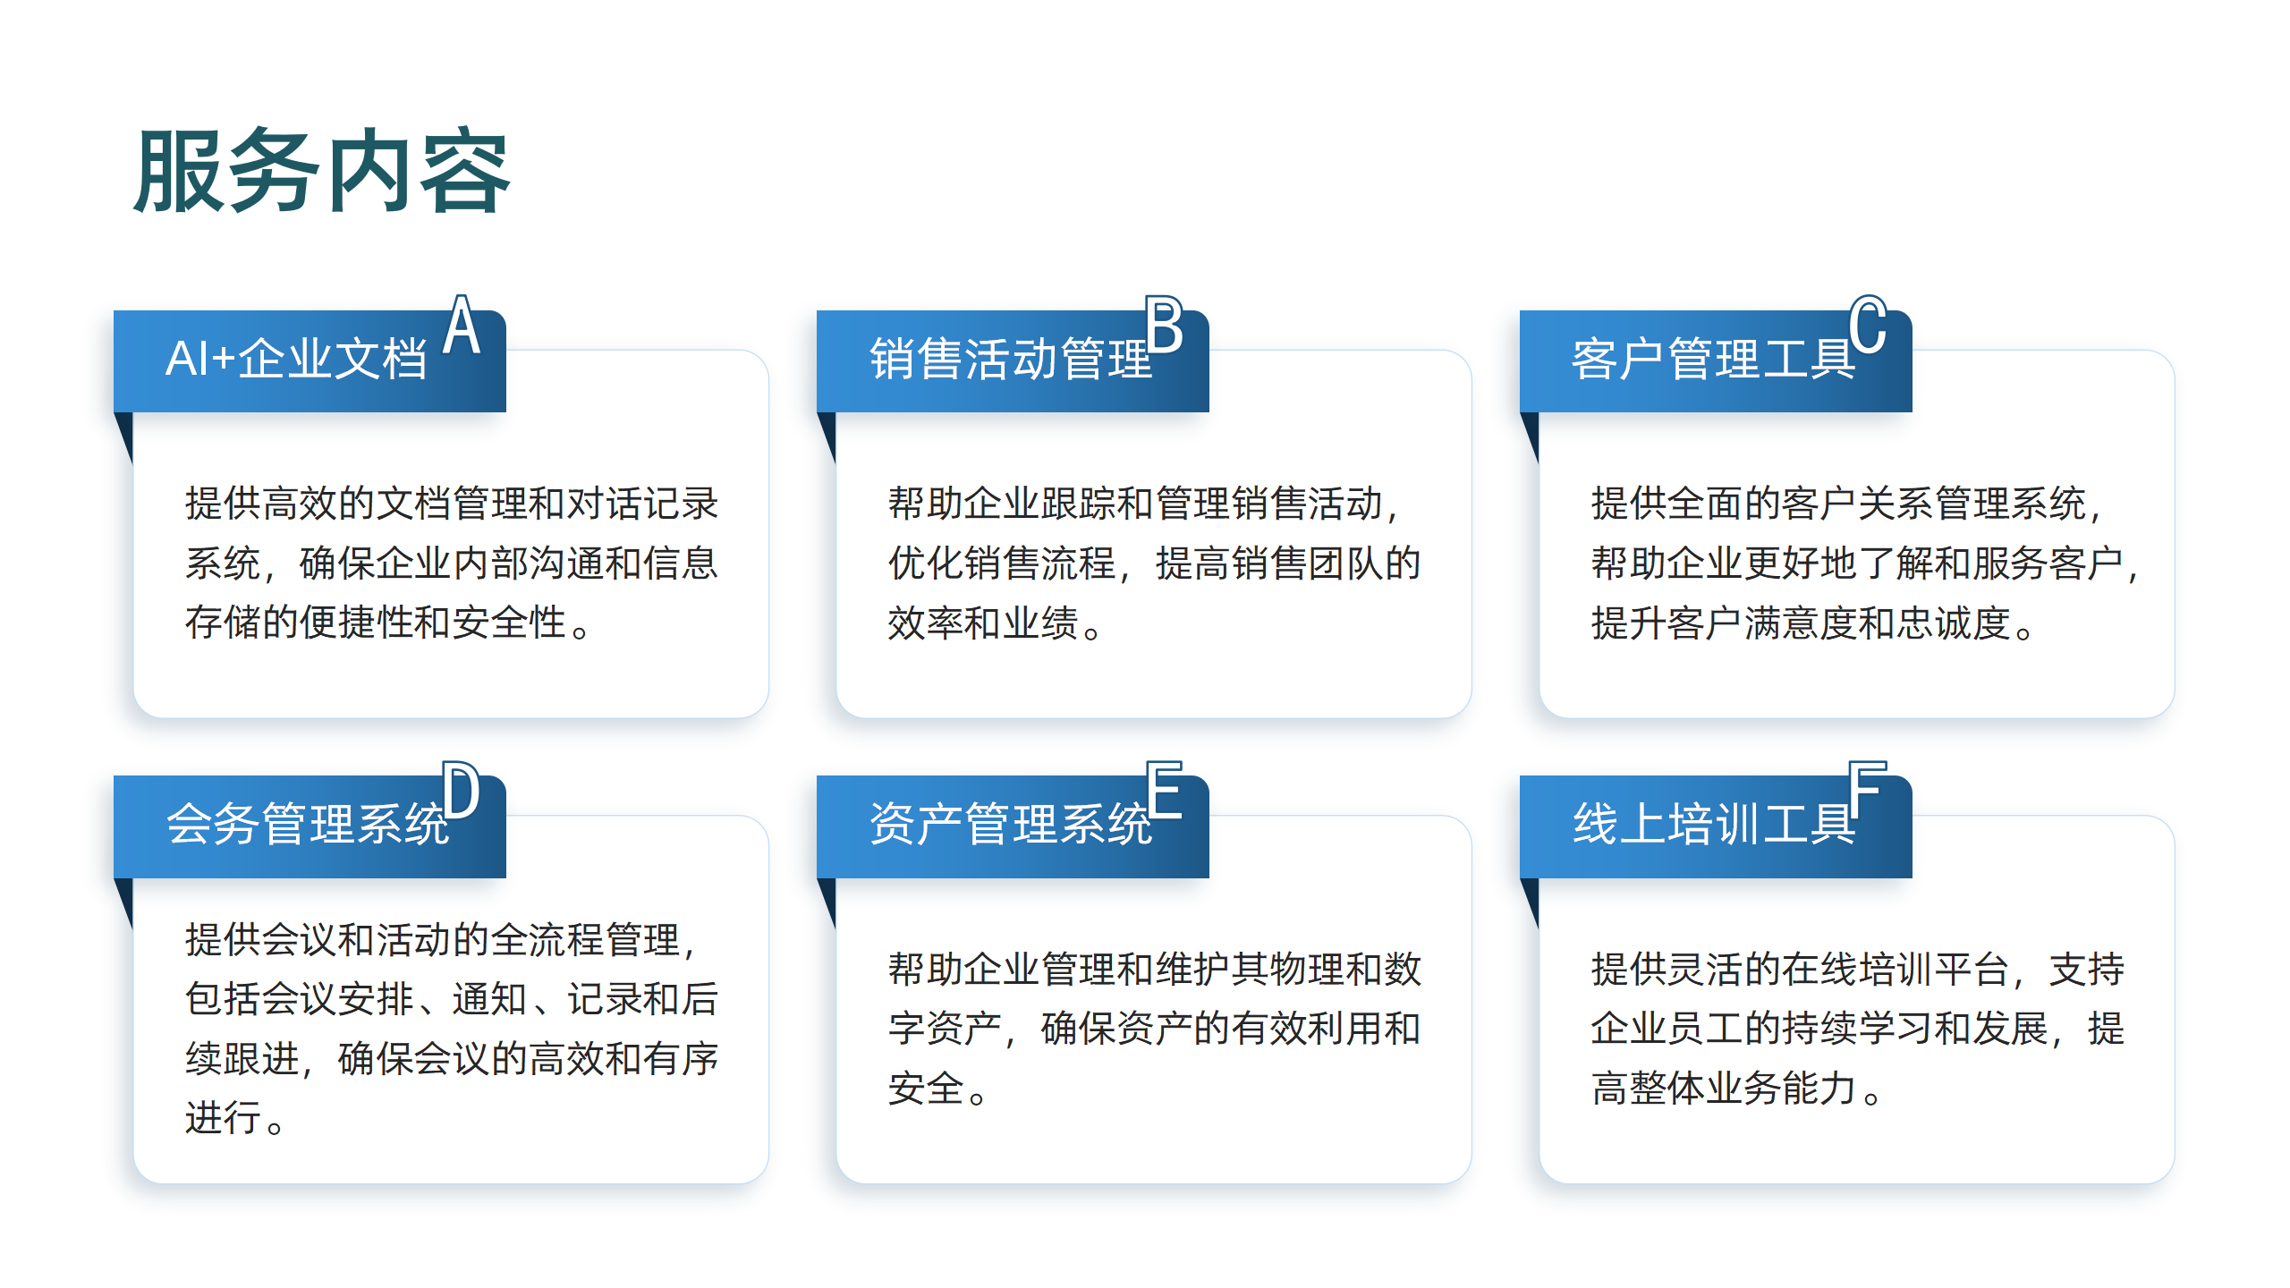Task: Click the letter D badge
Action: [x=462, y=790]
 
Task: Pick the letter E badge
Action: [x=1165, y=790]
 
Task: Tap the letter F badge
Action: [x=1868, y=790]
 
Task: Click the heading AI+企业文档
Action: [x=296, y=360]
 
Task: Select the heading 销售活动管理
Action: [x=1011, y=360]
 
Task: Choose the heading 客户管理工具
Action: [x=1714, y=360]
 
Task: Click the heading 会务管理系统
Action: [x=308, y=825]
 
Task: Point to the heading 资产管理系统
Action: [x=1011, y=825]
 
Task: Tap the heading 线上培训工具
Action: [x=1714, y=825]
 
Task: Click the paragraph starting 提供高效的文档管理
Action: [x=452, y=563]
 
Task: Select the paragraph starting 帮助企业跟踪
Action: [x=1154, y=563]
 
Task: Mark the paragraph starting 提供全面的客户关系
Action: [x=1864, y=563]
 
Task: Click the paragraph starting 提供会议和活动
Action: [x=452, y=1029]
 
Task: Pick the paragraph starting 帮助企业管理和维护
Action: [x=1154, y=1029]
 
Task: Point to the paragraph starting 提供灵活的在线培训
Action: [x=1858, y=1029]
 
